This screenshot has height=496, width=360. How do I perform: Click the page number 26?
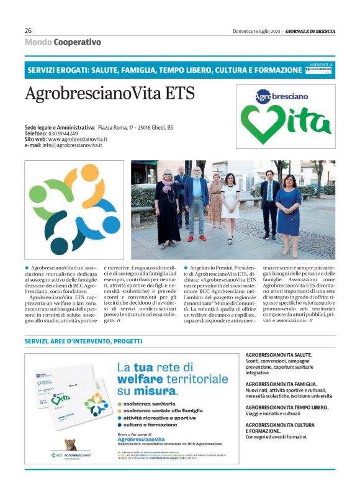29,30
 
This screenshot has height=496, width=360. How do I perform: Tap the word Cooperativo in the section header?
77,42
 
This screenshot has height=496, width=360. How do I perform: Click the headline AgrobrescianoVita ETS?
109,93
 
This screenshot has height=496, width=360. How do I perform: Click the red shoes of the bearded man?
196,237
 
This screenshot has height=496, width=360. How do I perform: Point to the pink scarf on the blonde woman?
168,186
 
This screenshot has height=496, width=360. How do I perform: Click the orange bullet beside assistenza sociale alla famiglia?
120,411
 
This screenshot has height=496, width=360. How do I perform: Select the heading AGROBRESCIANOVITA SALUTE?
279,354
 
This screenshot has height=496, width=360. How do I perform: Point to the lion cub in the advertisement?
73,444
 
